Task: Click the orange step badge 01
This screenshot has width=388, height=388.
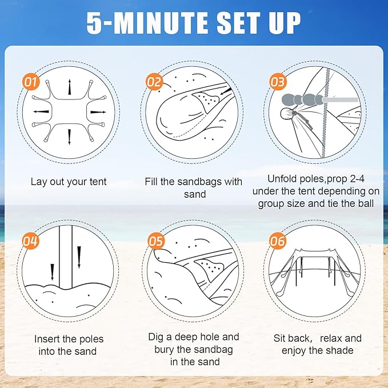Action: pos(31,82)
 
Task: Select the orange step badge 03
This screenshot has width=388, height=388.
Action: pos(277,82)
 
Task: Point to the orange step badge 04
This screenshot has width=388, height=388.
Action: pos(31,241)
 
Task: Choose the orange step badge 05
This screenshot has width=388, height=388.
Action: pos(155,241)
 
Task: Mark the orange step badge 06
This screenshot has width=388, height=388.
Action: pos(278,241)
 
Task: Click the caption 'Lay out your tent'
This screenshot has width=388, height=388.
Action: pos(69,182)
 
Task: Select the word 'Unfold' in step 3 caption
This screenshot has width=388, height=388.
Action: pos(281,178)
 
